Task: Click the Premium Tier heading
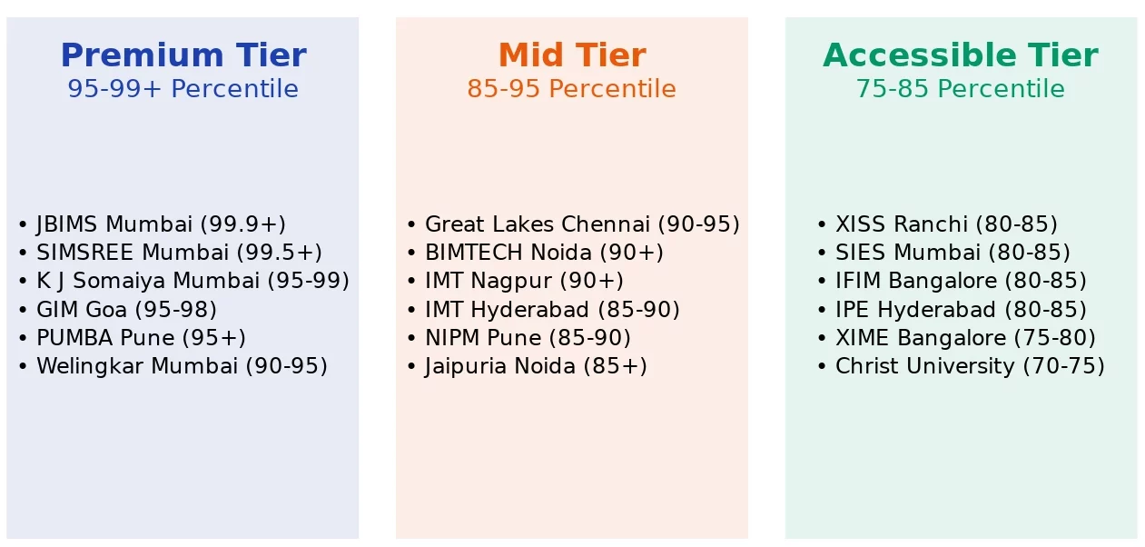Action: [183, 55]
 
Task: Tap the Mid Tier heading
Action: [572, 55]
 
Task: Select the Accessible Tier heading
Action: [961, 55]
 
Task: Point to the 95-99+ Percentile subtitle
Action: [183, 89]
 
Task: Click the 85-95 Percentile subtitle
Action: [571, 89]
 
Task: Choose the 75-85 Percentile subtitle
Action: [961, 89]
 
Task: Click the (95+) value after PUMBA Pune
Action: [214, 338]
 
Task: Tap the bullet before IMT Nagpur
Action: [411, 281]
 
